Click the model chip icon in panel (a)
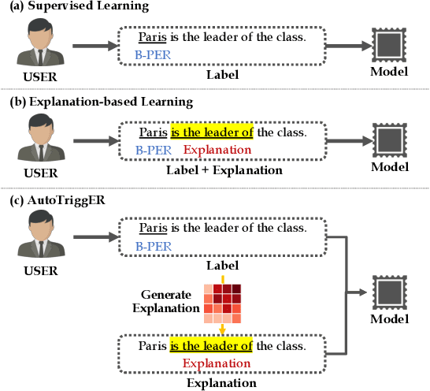[x=387, y=47]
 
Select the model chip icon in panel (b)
[x=387, y=141]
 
